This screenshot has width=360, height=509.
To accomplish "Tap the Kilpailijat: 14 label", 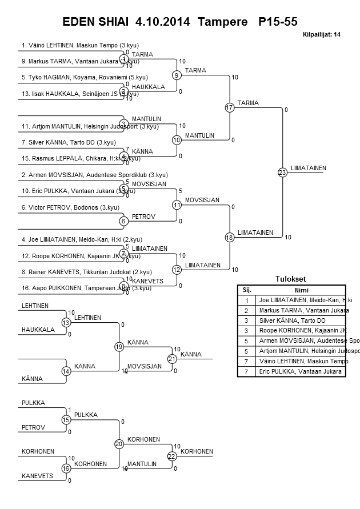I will (x=321, y=35).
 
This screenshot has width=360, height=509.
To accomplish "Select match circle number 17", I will (x=230, y=107).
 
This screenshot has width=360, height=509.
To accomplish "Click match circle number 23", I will (x=282, y=172).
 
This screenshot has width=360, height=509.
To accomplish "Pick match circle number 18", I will (x=230, y=237).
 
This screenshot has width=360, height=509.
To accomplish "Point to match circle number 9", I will (x=177, y=75).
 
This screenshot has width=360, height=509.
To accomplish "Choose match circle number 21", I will (x=172, y=359).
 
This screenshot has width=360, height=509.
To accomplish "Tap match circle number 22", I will (x=172, y=456).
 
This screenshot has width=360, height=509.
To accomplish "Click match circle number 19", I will (x=119, y=347).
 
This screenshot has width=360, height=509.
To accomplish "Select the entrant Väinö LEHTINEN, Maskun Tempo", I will (x=80, y=45).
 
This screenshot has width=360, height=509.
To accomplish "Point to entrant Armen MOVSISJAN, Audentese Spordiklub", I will (x=94, y=175).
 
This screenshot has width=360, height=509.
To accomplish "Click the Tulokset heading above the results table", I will (x=291, y=279).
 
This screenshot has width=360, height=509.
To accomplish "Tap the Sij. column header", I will (x=247, y=290).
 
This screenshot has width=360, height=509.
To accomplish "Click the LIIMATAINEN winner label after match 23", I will (x=308, y=168).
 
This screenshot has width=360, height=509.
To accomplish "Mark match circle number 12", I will (x=177, y=269).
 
